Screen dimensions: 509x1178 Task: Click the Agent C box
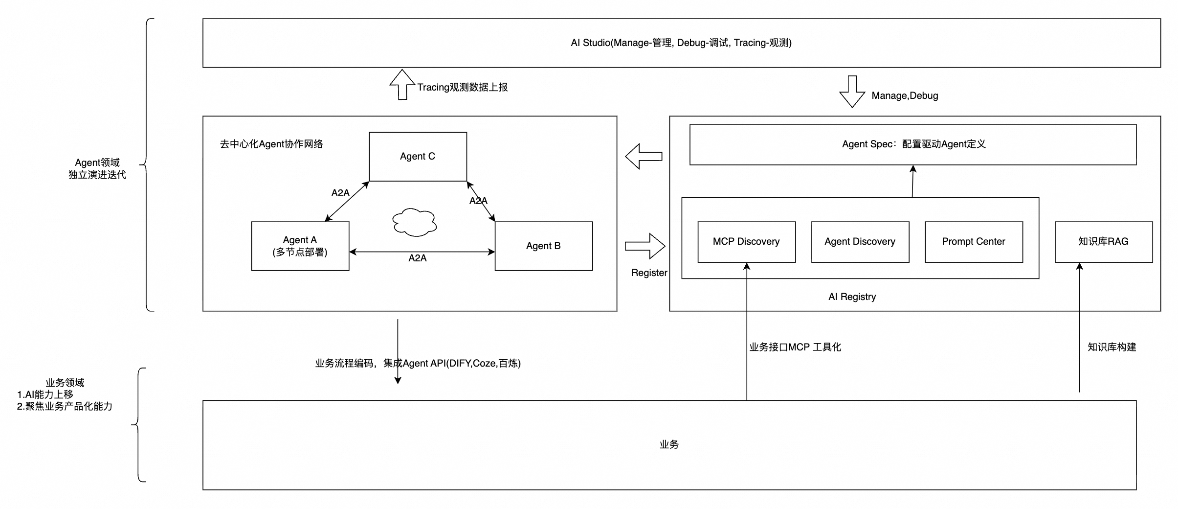coord(418,157)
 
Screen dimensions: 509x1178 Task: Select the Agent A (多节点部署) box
coord(300,246)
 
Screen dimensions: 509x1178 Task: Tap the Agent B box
coord(543,246)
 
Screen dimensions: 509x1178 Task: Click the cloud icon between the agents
coord(414,222)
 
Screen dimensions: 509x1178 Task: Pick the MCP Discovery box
coord(746,242)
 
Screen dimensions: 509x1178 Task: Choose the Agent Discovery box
coord(860,242)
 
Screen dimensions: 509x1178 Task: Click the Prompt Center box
coord(973,242)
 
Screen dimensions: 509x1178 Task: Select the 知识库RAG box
coord(1103,242)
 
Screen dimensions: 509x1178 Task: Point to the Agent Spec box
coord(912,144)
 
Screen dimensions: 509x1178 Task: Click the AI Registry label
coord(852,297)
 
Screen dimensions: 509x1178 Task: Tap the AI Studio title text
coord(681,43)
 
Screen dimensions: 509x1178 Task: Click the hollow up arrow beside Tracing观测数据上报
coord(402,85)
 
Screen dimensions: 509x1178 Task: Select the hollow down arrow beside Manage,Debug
coord(852,92)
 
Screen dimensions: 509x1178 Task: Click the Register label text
coord(649,273)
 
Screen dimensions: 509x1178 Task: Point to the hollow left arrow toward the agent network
coord(644,157)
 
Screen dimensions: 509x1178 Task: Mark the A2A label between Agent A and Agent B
coord(417,258)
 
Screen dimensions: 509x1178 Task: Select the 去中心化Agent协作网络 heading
coord(271,144)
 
